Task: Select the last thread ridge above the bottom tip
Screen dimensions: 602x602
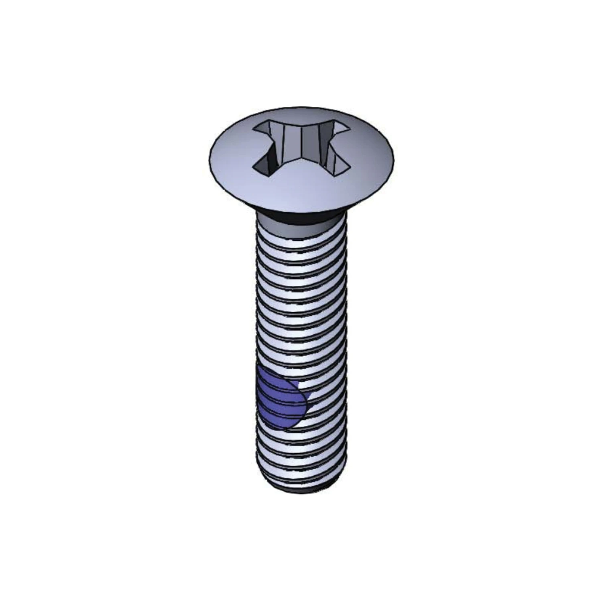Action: point(301,480)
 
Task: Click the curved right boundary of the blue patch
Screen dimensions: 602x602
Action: point(307,401)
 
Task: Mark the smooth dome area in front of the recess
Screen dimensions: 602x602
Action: point(301,189)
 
